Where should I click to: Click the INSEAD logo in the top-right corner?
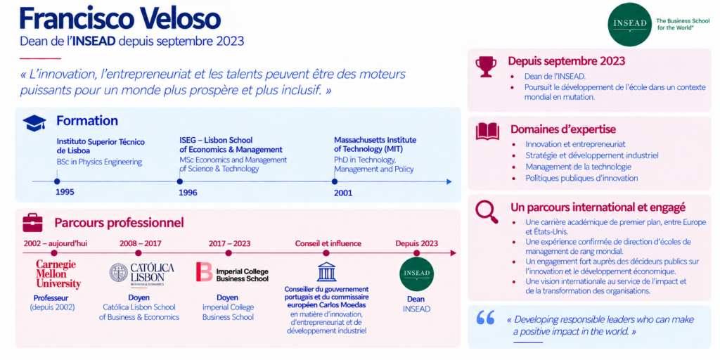[x=629, y=24]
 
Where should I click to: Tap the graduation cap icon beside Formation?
[x=34, y=122]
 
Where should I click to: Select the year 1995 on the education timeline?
[x=65, y=192]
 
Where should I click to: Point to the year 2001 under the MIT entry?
[x=343, y=193]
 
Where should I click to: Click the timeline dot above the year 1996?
[x=180, y=181]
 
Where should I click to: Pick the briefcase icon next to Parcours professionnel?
[x=32, y=223]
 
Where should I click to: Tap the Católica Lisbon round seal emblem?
[x=118, y=272]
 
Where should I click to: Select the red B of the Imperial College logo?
[x=204, y=272]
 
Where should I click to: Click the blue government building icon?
[x=326, y=271]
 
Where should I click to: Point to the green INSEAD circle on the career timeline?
[x=416, y=274]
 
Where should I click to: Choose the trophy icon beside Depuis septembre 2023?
[x=486, y=67]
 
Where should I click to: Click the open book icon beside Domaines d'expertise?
[x=487, y=131]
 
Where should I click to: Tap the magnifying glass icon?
[x=487, y=212]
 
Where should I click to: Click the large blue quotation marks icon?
[x=485, y=318]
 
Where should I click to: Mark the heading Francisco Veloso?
[x=120, y=18]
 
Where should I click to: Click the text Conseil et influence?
[x=328, y=243]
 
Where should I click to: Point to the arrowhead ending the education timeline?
[x=449, y=182]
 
